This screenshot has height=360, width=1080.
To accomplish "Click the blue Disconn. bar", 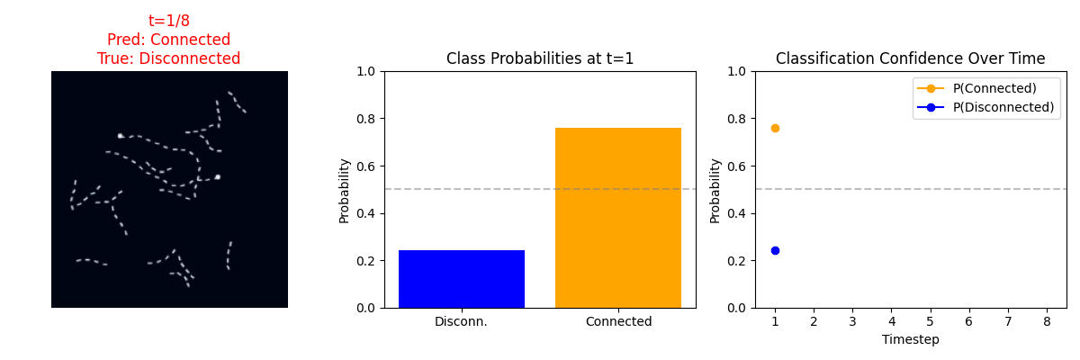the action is point(462,279).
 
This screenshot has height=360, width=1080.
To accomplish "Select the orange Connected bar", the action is point(618,218).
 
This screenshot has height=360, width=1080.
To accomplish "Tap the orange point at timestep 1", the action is point(775,128).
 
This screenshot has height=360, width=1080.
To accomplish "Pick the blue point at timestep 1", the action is point(775,250).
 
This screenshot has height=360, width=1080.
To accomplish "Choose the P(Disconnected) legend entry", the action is point(985,107).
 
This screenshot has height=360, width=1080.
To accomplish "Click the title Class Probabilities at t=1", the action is point(539,58).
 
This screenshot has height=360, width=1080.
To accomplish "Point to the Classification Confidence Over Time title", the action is point(910,58).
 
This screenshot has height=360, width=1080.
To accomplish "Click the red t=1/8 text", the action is point(169,20).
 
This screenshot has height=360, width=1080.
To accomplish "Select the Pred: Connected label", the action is point(169,39).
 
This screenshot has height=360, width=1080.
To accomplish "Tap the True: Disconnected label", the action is point(169,58).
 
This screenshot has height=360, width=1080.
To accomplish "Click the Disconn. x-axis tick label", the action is point(461,321).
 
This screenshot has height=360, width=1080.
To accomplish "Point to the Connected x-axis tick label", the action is point(618,321).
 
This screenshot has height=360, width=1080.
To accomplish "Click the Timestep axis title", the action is point(910,340).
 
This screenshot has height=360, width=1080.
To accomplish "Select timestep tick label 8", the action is point(1047,321).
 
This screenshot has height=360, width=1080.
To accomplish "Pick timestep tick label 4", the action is point(892,321).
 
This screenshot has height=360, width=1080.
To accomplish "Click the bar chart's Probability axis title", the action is point(344,191).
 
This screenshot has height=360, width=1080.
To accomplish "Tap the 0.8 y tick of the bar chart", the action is point(366,119).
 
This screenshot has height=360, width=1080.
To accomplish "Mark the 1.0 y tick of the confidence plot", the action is point(737,71).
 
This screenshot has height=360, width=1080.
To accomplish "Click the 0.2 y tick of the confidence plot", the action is point(737,261).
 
